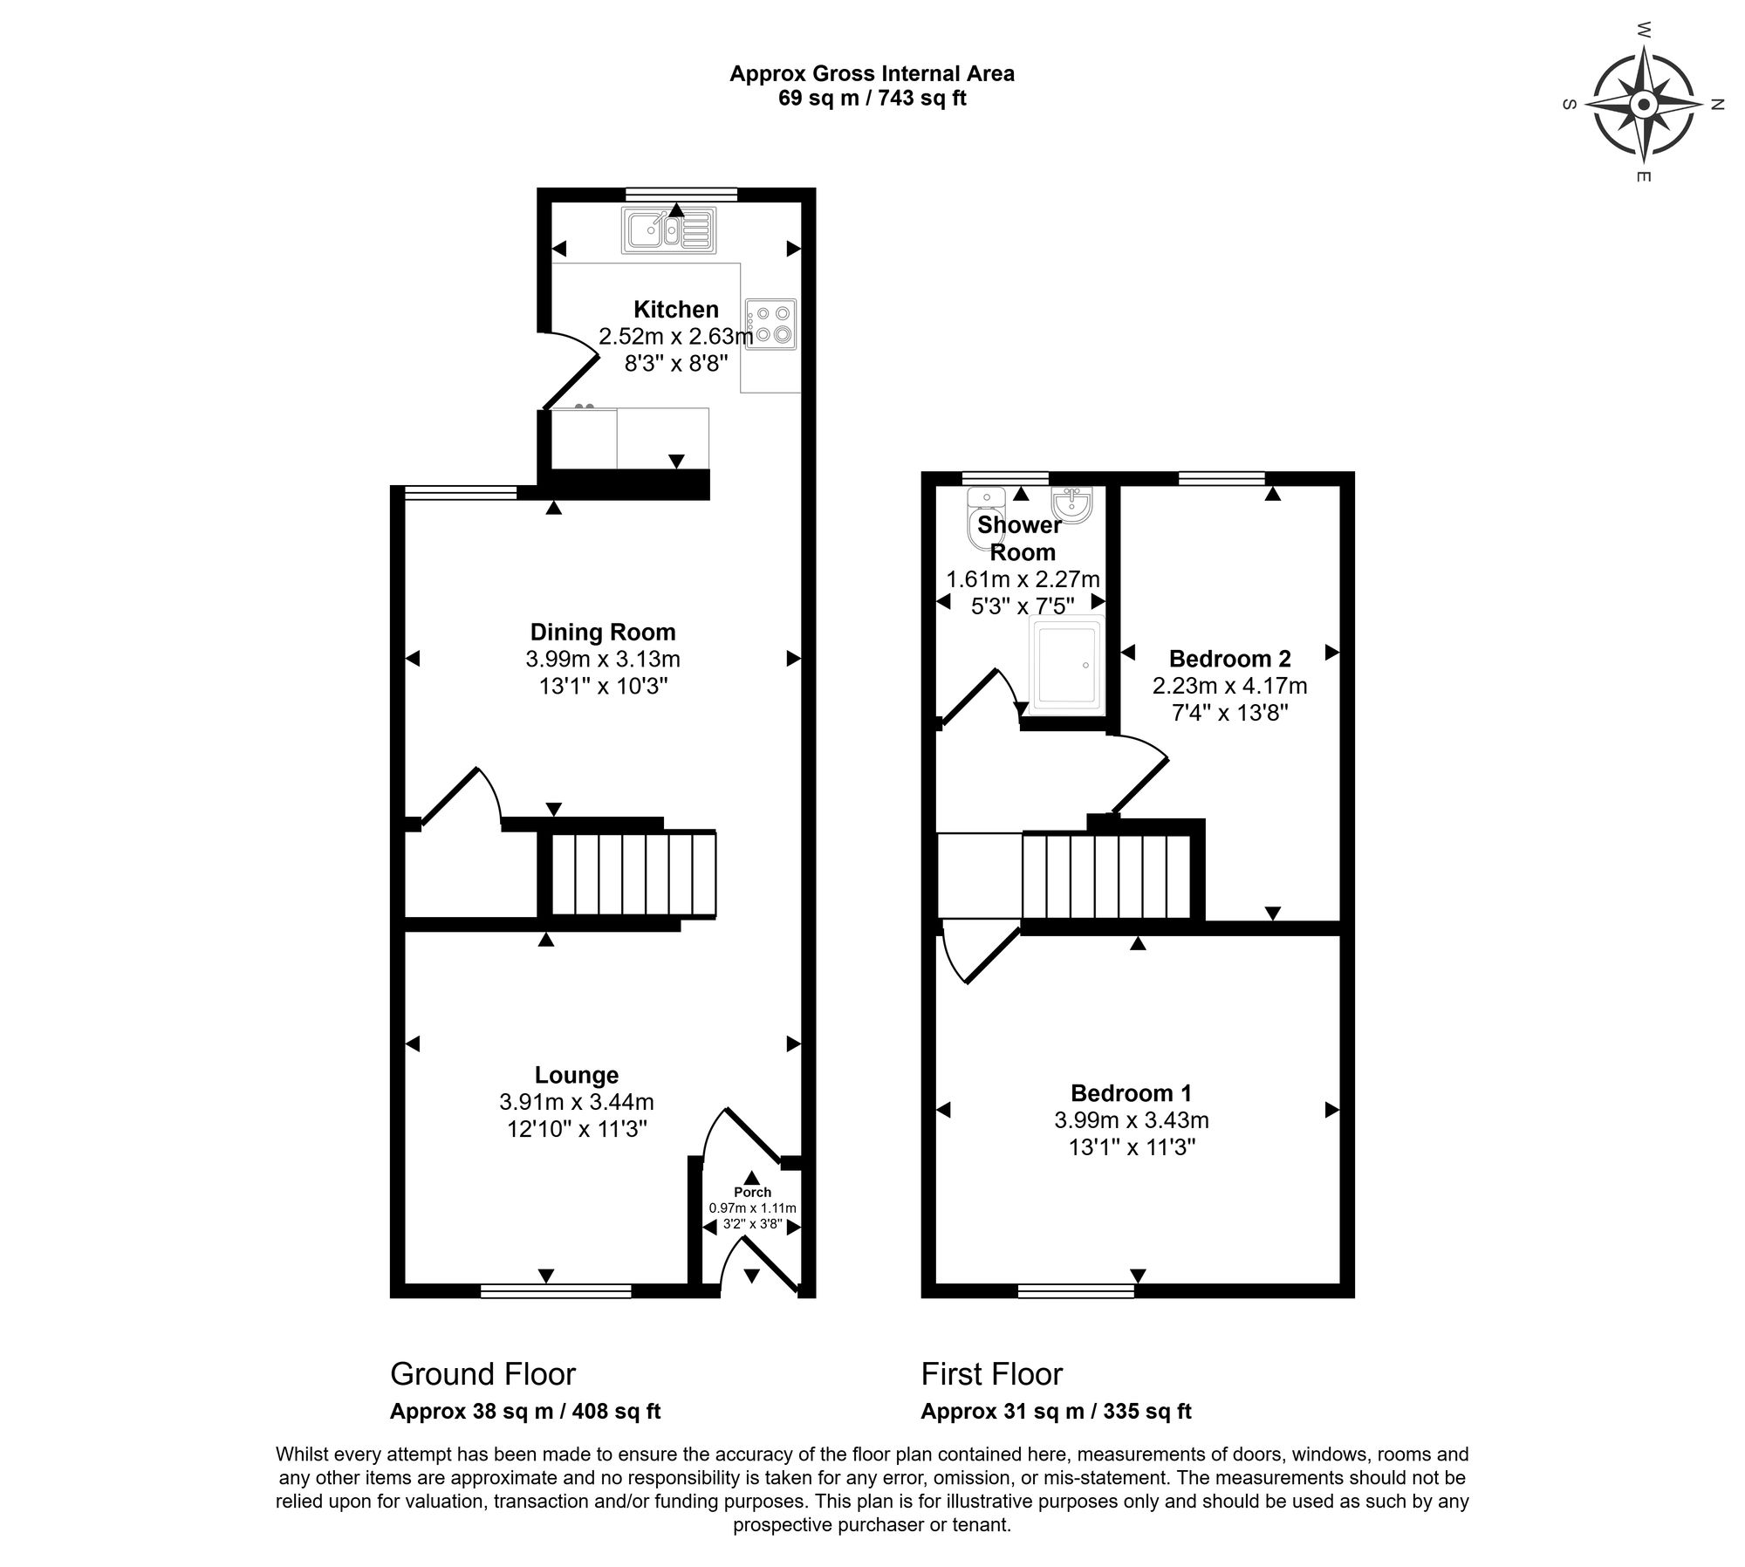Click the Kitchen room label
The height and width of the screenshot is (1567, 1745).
(676, 310)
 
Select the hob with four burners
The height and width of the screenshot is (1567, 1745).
(771, 324)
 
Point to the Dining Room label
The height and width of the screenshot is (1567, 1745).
(603, 632)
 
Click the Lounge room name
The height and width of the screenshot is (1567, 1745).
(577, 1076)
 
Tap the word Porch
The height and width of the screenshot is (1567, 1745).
(752, 1192)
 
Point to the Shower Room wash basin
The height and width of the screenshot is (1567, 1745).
(1072, 505)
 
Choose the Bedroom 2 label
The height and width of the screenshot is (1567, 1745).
(1229, 659)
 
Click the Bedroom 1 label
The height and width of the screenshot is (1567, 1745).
(1131, 1093)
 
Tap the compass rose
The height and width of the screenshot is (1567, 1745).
(1644, 106)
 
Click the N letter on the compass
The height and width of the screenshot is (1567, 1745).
(1717, 105)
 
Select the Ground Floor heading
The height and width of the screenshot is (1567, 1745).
(482, 1374)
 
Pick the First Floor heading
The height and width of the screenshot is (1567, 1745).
(992, 1374)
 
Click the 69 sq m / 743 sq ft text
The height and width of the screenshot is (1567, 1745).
(872, 98)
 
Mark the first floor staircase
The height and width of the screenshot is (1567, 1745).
(1105, 877)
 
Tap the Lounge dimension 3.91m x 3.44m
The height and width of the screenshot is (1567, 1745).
(577, 1102)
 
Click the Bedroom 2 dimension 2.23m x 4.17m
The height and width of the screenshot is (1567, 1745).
(1229, 686)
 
